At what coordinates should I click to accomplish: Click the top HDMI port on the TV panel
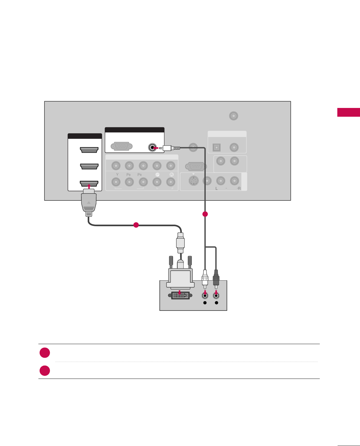tap(89, 150)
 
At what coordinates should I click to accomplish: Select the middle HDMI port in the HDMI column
tap(89, 167)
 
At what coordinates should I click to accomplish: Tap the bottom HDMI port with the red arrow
tap(89, 183)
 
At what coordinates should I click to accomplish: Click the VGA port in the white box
tap(122, 147)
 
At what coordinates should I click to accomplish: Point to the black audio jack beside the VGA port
tap(152, 148)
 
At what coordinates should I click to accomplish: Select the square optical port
tap(217, 148)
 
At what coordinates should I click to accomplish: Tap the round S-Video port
tap(194, 181)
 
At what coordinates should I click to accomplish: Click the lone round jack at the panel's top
tap(234, 116)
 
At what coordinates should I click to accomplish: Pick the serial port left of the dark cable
tap(195, 167)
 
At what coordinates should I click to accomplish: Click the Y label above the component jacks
tap(117, 175)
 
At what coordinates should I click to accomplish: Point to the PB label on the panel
tap(129, 175)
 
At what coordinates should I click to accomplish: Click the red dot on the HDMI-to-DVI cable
tap(136, 225)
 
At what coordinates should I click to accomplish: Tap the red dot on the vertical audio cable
tap(205, 214)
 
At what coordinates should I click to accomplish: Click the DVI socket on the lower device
tap(180, 295)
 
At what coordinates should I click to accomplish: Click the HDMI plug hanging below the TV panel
tap(89, 202)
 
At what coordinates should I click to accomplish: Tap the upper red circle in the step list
tap(45, 353)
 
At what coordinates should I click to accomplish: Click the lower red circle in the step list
tap(45, 371)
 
